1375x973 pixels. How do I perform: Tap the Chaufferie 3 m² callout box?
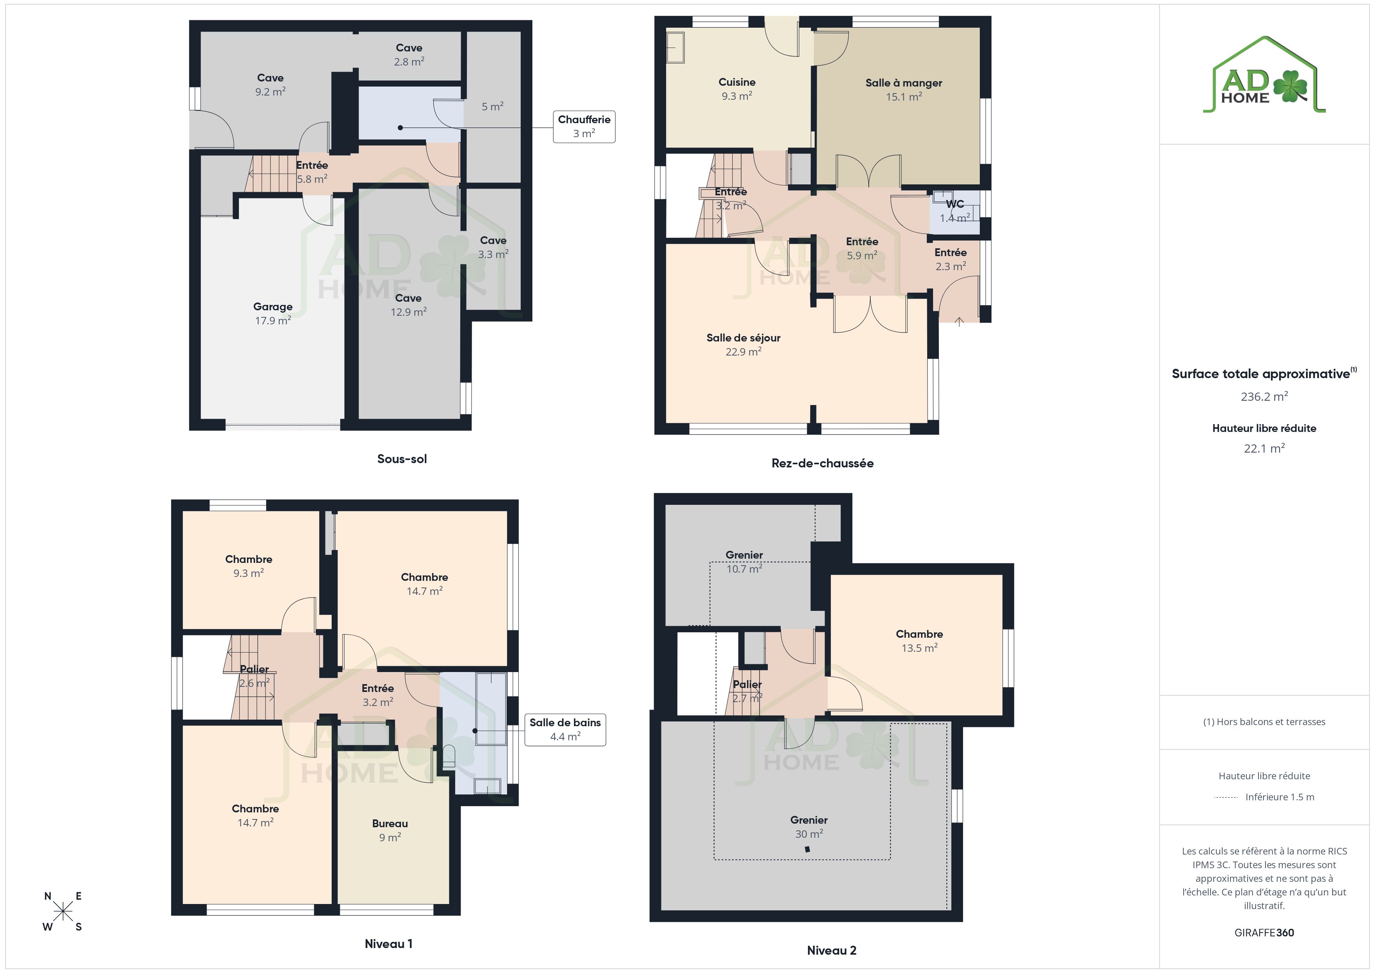584,126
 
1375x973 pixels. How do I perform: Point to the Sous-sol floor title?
402,459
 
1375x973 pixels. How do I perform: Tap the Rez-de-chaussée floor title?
822,463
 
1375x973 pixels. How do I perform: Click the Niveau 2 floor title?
831,950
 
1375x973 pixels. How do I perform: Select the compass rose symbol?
63,912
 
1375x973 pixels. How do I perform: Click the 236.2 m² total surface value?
1264,396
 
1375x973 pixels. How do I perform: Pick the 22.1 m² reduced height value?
1264,448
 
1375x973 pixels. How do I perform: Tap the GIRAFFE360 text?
1264,933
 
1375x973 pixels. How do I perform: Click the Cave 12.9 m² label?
408,305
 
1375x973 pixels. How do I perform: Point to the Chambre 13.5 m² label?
919,640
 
